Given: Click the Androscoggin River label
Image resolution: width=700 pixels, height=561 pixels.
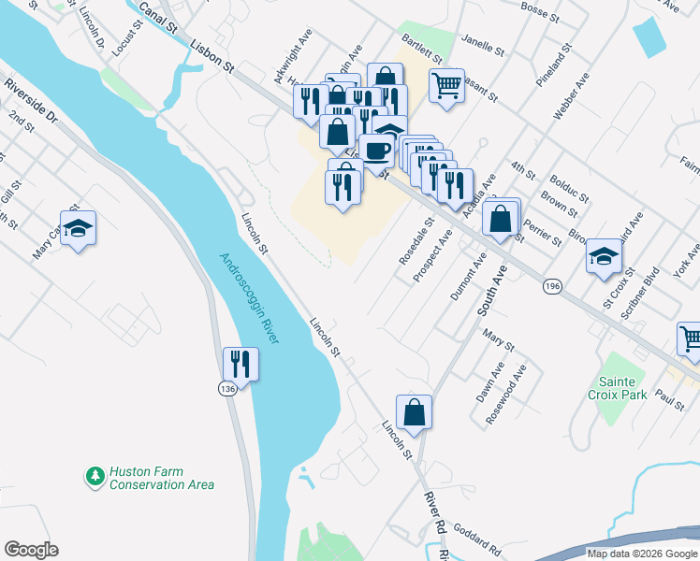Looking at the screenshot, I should [250, 298].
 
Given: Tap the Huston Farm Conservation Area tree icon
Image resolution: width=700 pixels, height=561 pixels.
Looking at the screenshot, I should [95, 477].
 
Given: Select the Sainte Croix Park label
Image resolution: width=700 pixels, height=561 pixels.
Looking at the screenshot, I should [620, 389].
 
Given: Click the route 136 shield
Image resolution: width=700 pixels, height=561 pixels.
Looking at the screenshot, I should [227, 387].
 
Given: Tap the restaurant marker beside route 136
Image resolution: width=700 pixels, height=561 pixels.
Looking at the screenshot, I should [241, 364].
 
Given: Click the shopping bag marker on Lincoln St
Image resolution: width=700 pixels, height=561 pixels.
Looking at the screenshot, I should [414, 411].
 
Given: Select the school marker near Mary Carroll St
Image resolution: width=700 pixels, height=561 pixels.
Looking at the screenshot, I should [79, 228].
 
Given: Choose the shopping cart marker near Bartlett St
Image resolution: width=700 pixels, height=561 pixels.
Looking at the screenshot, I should [447, 86].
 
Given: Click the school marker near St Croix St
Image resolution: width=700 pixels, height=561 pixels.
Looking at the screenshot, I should [605, 255].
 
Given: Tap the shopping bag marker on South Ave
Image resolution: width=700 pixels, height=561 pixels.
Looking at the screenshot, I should [502, 219].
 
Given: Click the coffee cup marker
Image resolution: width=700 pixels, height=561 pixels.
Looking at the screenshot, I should [377, 151].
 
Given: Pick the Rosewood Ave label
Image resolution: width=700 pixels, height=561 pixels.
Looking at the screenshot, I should [507, 393].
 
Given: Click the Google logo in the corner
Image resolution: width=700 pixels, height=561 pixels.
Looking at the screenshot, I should [31, 550].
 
